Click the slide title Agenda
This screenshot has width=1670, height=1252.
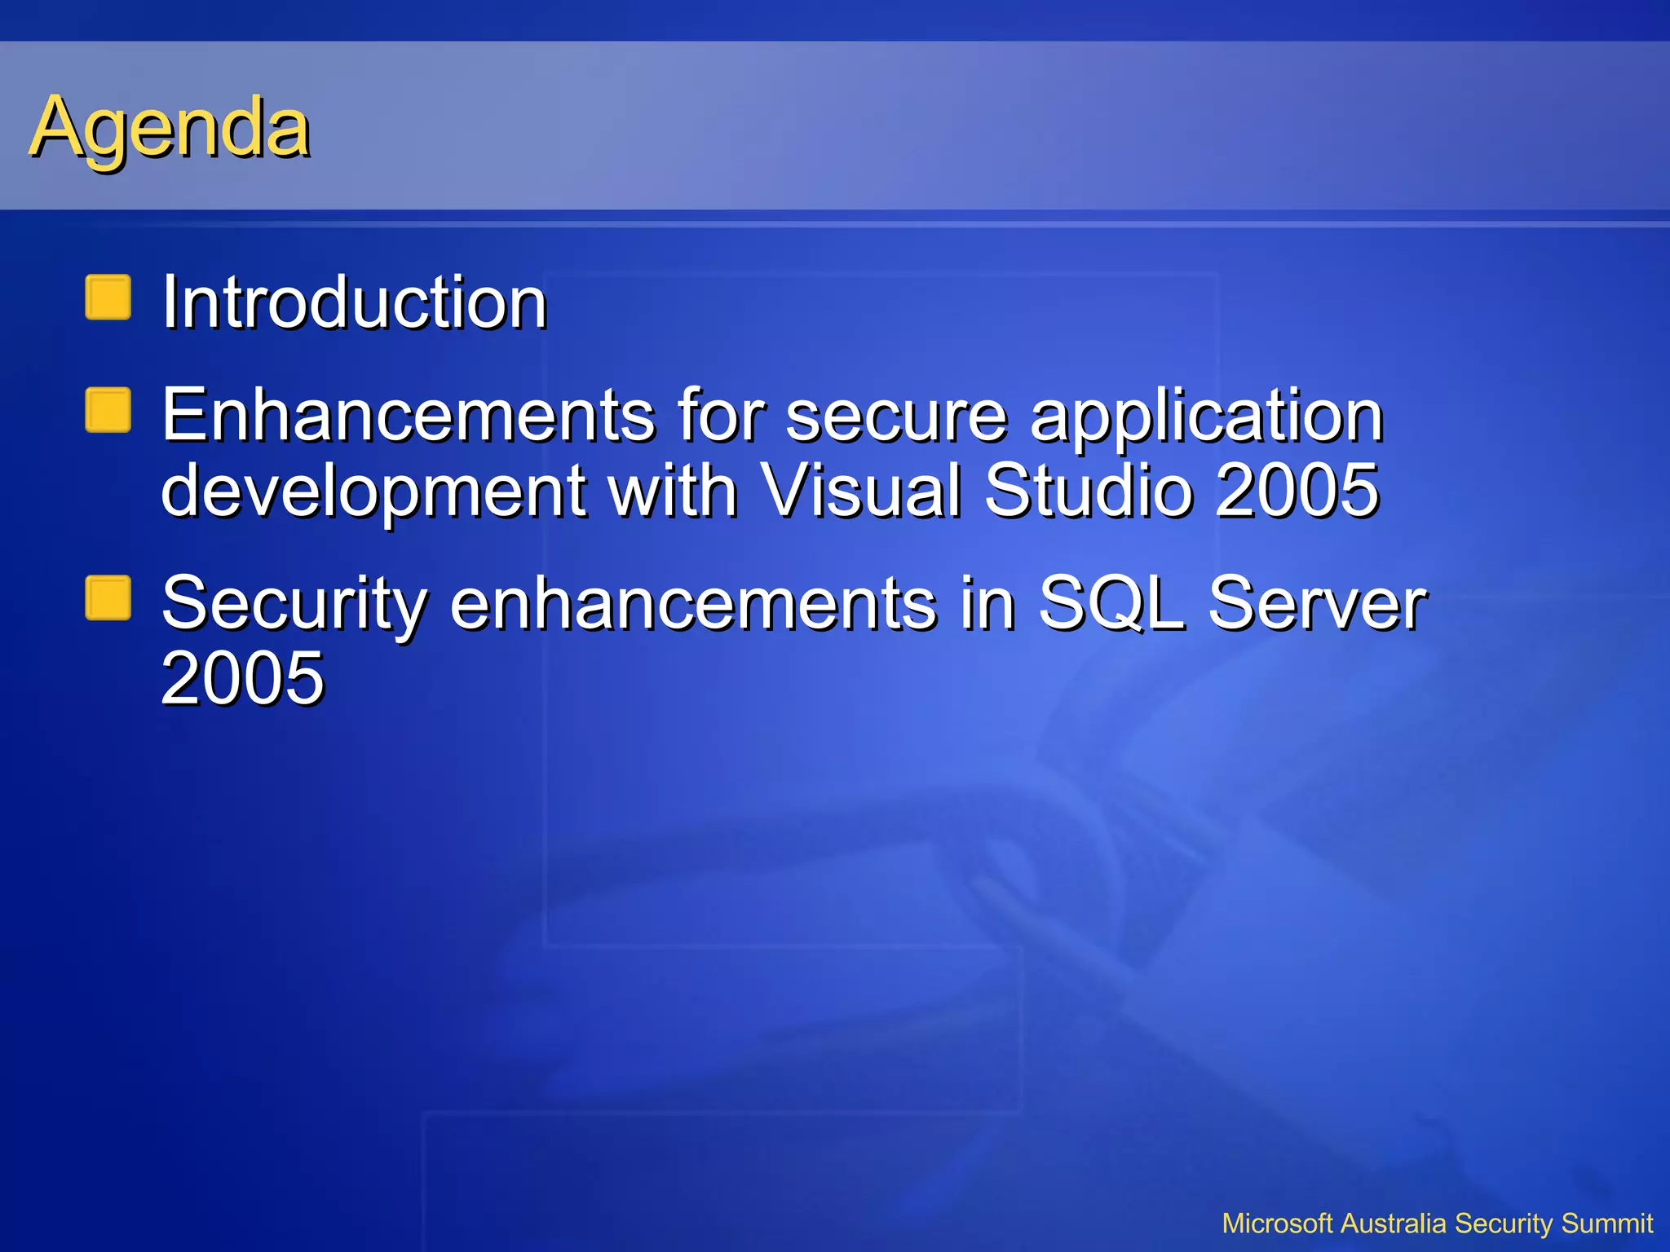tap(170, 128)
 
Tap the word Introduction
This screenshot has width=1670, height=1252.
tap(354, 302)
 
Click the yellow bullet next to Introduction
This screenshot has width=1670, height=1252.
tap(108, 298)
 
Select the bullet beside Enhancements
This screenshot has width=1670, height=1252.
tap(108, 410)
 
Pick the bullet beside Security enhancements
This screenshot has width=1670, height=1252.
tap(108, 598)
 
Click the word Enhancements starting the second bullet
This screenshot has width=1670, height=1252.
tap(407, 415)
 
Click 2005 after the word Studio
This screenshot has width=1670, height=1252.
tap(1297, 490)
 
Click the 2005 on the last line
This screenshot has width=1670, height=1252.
tap(242, 678)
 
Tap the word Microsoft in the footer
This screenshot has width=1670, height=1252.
tap(1278, 1223)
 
